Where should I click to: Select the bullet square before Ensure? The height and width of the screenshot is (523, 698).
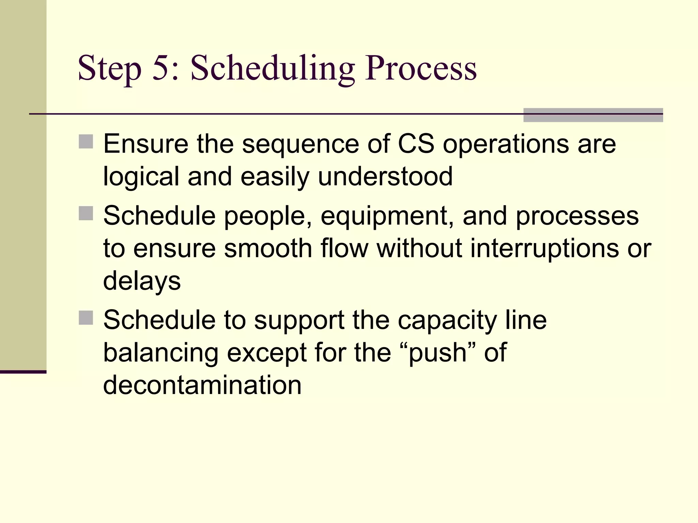[x=86, y=142]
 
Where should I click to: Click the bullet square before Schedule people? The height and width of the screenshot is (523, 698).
[x=86, y=213]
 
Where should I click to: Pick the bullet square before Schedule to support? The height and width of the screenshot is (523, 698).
[x=86, y=318]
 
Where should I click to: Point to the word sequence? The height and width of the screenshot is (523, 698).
[x=300, y=145]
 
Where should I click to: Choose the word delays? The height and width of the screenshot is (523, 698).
[x=142, y=281]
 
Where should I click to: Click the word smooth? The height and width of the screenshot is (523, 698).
[x=268, y=248]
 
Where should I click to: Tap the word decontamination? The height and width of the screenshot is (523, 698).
[x=202, y=385]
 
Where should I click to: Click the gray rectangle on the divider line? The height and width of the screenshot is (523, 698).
[x=593, y=115]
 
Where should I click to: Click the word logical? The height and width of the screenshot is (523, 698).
[x=141, y=177]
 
